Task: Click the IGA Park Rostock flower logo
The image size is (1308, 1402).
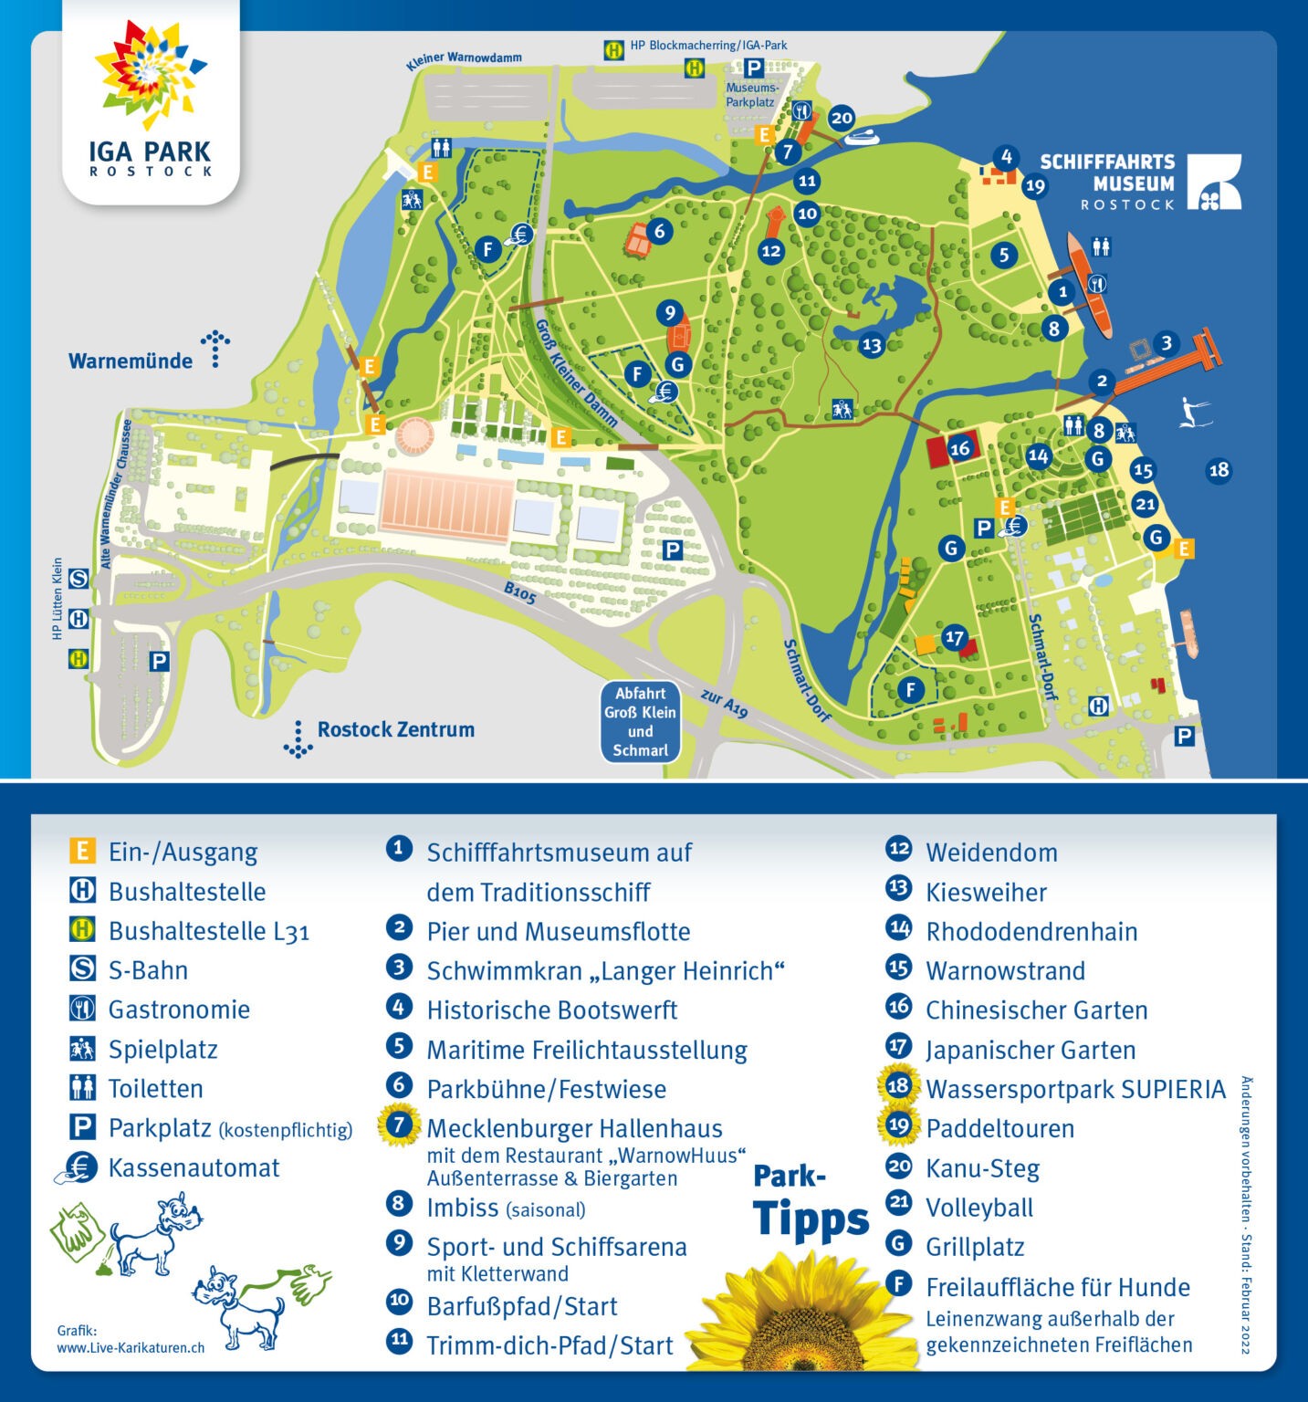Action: [151, 73]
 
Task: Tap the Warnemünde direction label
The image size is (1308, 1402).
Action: [131, 361]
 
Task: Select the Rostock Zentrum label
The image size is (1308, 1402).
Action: [395, 729]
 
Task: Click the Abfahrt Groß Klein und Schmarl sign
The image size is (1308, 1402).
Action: [640, 721]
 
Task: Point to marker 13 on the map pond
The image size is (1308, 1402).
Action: [872, 344]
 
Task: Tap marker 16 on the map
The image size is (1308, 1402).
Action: [959, 448]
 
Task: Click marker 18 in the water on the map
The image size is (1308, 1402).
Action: [1219, 470]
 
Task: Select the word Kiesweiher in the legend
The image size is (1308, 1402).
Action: [986, 892]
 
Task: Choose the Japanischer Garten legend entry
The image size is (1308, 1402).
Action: [1030, 1050]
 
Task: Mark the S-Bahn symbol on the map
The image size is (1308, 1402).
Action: [79, 579]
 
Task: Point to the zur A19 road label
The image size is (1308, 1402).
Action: [725, 703]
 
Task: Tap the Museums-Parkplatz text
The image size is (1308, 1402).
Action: [751, 95]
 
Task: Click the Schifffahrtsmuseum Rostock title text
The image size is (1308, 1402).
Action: [1107, 182]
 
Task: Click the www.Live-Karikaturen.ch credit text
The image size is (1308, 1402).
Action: [131, 1347]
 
